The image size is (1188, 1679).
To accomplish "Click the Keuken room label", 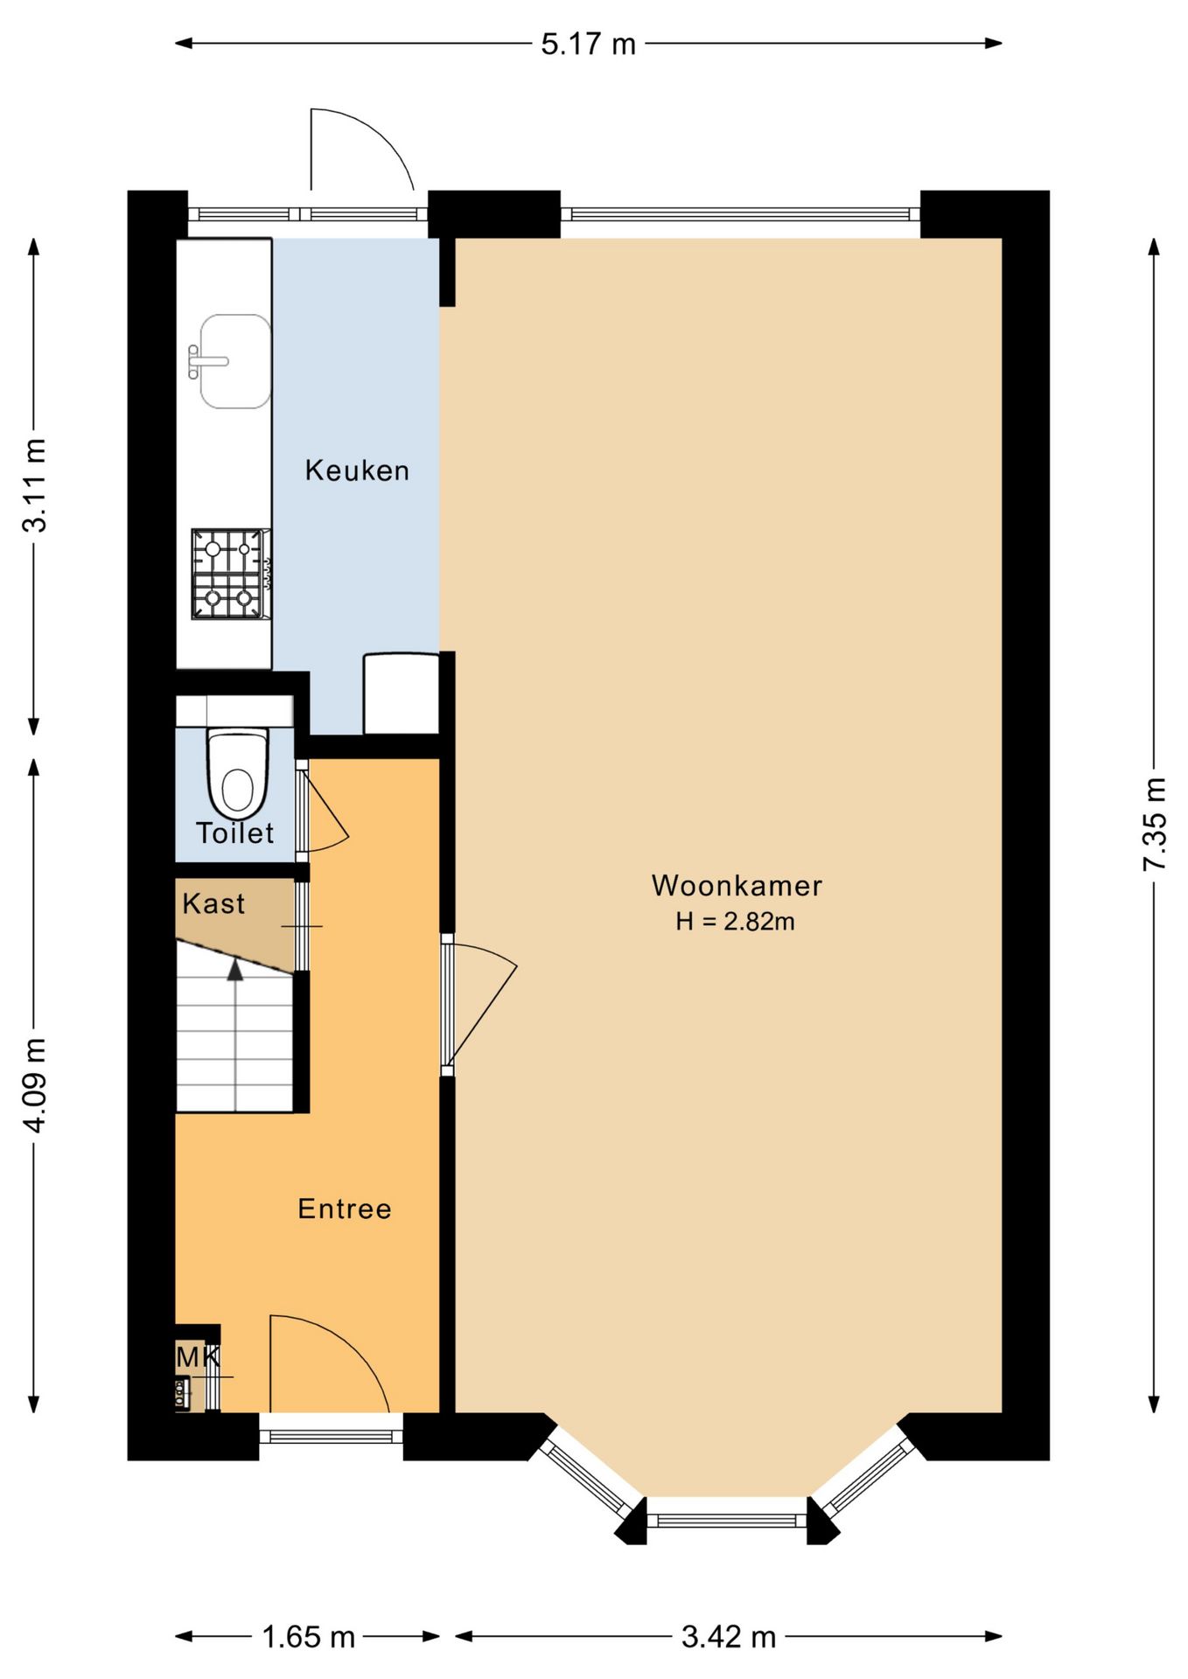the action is click(357, 470).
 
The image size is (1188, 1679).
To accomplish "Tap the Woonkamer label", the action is click(737, 886).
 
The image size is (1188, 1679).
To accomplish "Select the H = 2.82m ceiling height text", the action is click(735, 922).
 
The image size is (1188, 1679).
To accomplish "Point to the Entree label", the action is click(345, 1209).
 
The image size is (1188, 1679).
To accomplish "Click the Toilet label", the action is click(234, 833).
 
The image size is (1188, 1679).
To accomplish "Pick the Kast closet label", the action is click(213, 903).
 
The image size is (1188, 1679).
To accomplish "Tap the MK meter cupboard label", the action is click(198, 1356).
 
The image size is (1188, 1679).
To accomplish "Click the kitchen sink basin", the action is click(234, 361).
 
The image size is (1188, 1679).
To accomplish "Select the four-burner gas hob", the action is click(230, 574).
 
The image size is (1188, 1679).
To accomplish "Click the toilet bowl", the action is click(237, 774).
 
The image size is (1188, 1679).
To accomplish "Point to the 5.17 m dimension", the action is click(588, 43).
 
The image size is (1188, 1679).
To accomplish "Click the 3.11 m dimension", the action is click(34, 486).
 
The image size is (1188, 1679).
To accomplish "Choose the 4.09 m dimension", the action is click(34, 1085).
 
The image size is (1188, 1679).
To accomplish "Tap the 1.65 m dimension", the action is click(308, 1636).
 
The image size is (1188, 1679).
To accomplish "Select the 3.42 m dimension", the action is click(729, 1636).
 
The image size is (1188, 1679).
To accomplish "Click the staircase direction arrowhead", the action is click(234, 969).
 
